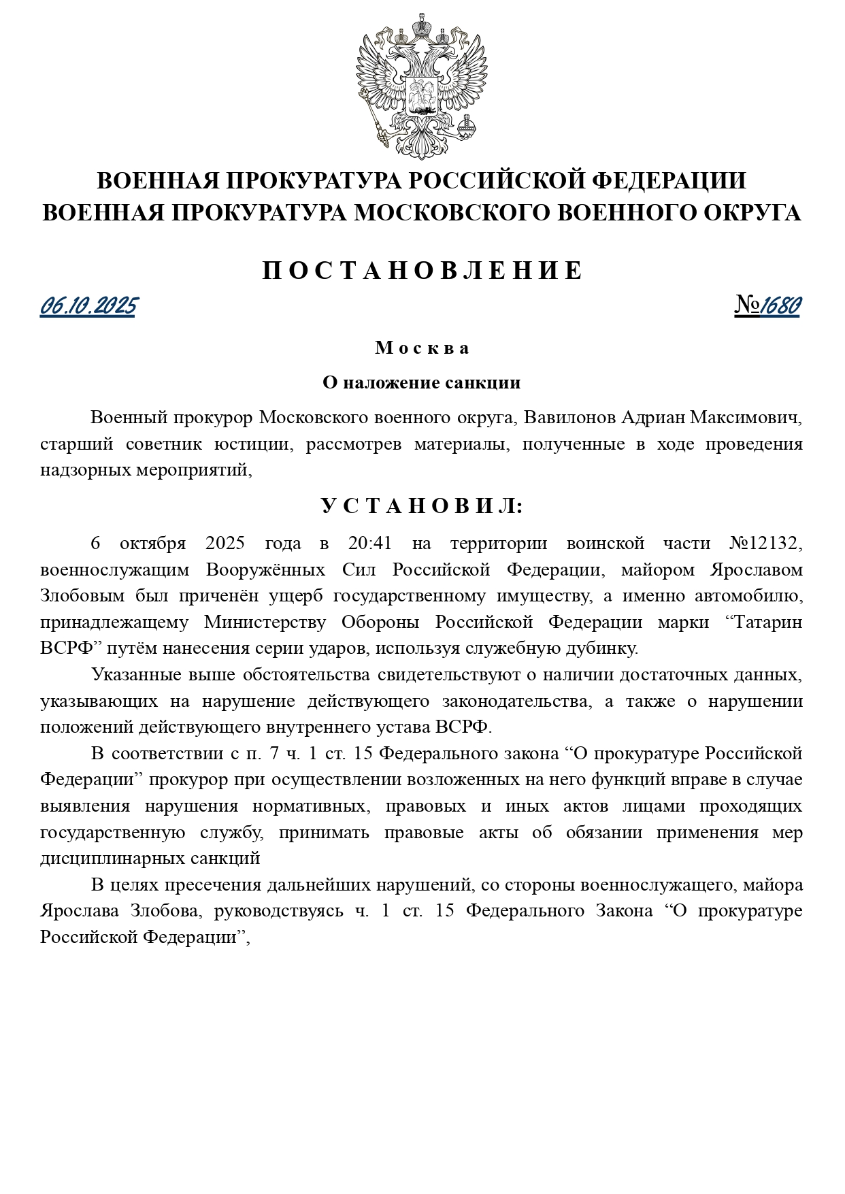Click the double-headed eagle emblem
click(x=422, y=85)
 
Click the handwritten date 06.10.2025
click(x=88, y=306)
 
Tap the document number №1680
click(x=767, y=306)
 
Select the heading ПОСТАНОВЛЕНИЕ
click(x=422, y=271)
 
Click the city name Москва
click(x=422, y=348)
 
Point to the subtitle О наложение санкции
click(x=422, y=382)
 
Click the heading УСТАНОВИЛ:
click(x=422, y=506)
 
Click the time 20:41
click(x=370, y=544)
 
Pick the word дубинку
click(x=602, y=648)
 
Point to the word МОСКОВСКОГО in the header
click(x=452, y=213)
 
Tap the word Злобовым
click(x=82, y=596)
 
